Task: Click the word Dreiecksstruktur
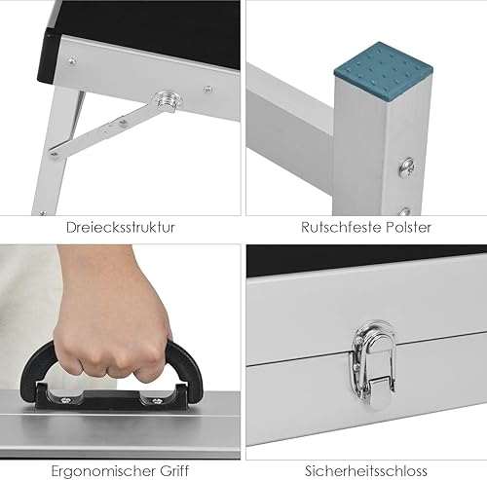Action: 121,227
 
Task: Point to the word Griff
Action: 173,470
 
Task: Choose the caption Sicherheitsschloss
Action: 366,470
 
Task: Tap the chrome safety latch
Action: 374,364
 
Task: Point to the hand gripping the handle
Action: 110,312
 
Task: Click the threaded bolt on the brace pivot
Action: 168,101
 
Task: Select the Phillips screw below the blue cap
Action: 406,168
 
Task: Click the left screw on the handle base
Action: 66,401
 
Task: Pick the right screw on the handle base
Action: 157,401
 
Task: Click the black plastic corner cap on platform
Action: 47,55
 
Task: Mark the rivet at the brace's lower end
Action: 55,153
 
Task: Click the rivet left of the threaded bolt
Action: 71,61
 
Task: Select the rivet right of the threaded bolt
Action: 208,90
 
